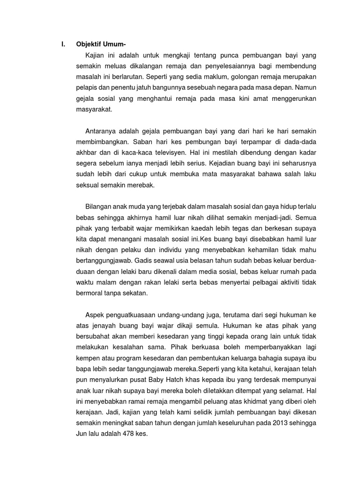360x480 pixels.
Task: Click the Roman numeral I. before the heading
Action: pos(63,45)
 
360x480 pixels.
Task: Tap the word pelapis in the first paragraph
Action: pos(87,86)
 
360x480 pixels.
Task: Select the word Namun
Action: pos(306,86)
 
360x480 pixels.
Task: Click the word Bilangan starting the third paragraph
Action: pos(101,207)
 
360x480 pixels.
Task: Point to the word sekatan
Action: pos(134,293)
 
